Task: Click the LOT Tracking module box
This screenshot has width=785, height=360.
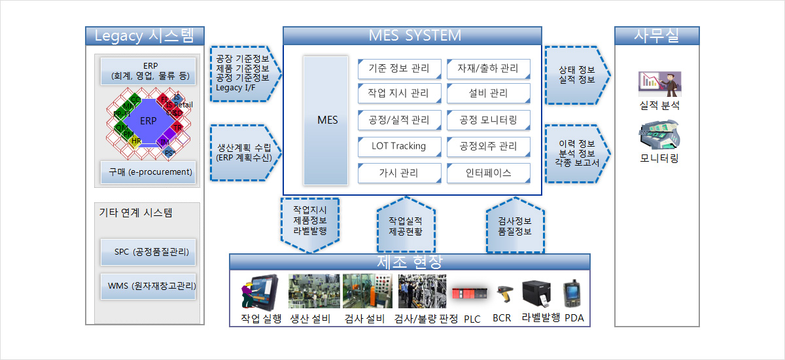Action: click(x=399, y=146)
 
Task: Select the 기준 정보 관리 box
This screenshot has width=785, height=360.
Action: click(x=399, y=68)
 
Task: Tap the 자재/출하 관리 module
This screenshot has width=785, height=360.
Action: click(x=488, y=68)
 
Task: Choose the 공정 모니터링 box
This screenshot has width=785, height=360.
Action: click(x=488, y=120)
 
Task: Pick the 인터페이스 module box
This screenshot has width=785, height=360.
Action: click(x=488, y=173)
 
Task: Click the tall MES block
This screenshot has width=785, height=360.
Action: click(x=326, y=120)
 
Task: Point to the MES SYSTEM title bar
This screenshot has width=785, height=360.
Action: click(x=412, y=35)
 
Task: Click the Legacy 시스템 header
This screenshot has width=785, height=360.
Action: click(x=145, y=35)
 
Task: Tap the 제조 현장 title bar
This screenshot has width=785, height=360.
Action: click(x=410, y=262)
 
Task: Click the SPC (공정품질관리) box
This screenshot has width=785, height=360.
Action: click(x=148, y=252)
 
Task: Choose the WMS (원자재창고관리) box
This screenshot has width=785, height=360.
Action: click(x=148, y=286)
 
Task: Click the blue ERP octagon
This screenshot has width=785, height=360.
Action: click(x=149, y=121)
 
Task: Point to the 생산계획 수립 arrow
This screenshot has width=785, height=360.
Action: click(x=244, y=152)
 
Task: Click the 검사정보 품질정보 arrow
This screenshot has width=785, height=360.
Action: click(x=514, y=226)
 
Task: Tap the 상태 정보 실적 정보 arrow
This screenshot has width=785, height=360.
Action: click(x=576, y=75)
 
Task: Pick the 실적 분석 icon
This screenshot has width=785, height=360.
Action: click(x=659, y=84)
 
